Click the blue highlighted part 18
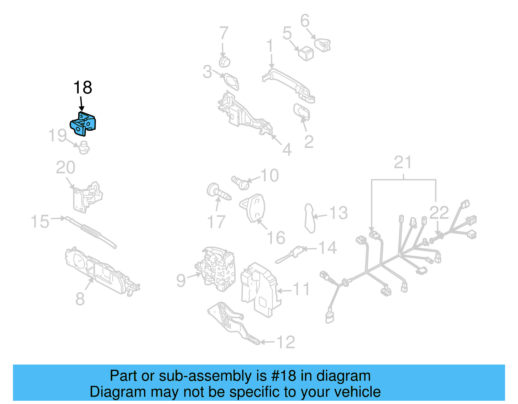pos(83,124)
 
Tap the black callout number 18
pos(83,88)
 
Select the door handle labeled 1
pos(288,83)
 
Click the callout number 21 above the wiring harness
pos(402,163)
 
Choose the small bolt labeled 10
pos(240,182)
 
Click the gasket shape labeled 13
pos(310,218)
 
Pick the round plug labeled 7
pos(224,61)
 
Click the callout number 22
pos(439,213)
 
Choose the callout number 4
pos(287,150)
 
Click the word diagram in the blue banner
pos(343,376)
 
